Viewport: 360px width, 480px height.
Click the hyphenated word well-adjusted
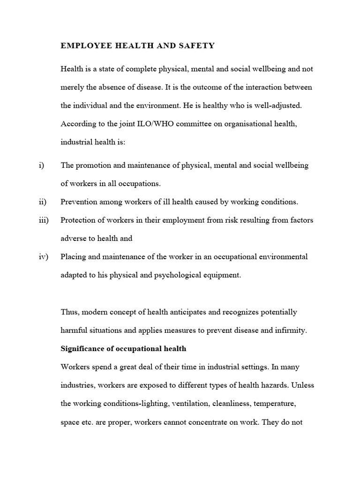[278, 105]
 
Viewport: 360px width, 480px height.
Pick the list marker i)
[41, 165]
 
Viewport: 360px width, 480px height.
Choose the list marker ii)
[42, 202]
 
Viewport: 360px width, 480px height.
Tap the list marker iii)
[43, 220]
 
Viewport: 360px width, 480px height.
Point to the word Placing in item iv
[74, 257]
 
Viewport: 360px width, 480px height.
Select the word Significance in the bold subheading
[82, 348]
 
